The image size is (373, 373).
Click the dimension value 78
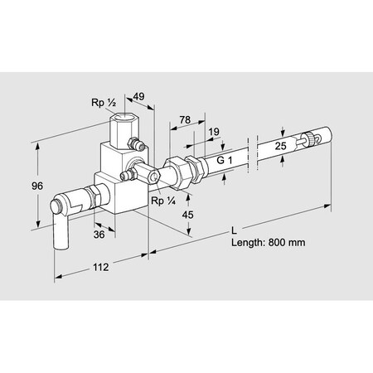point(184,120)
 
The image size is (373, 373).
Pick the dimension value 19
point(214,132)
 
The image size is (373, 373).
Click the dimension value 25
point(281,146)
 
